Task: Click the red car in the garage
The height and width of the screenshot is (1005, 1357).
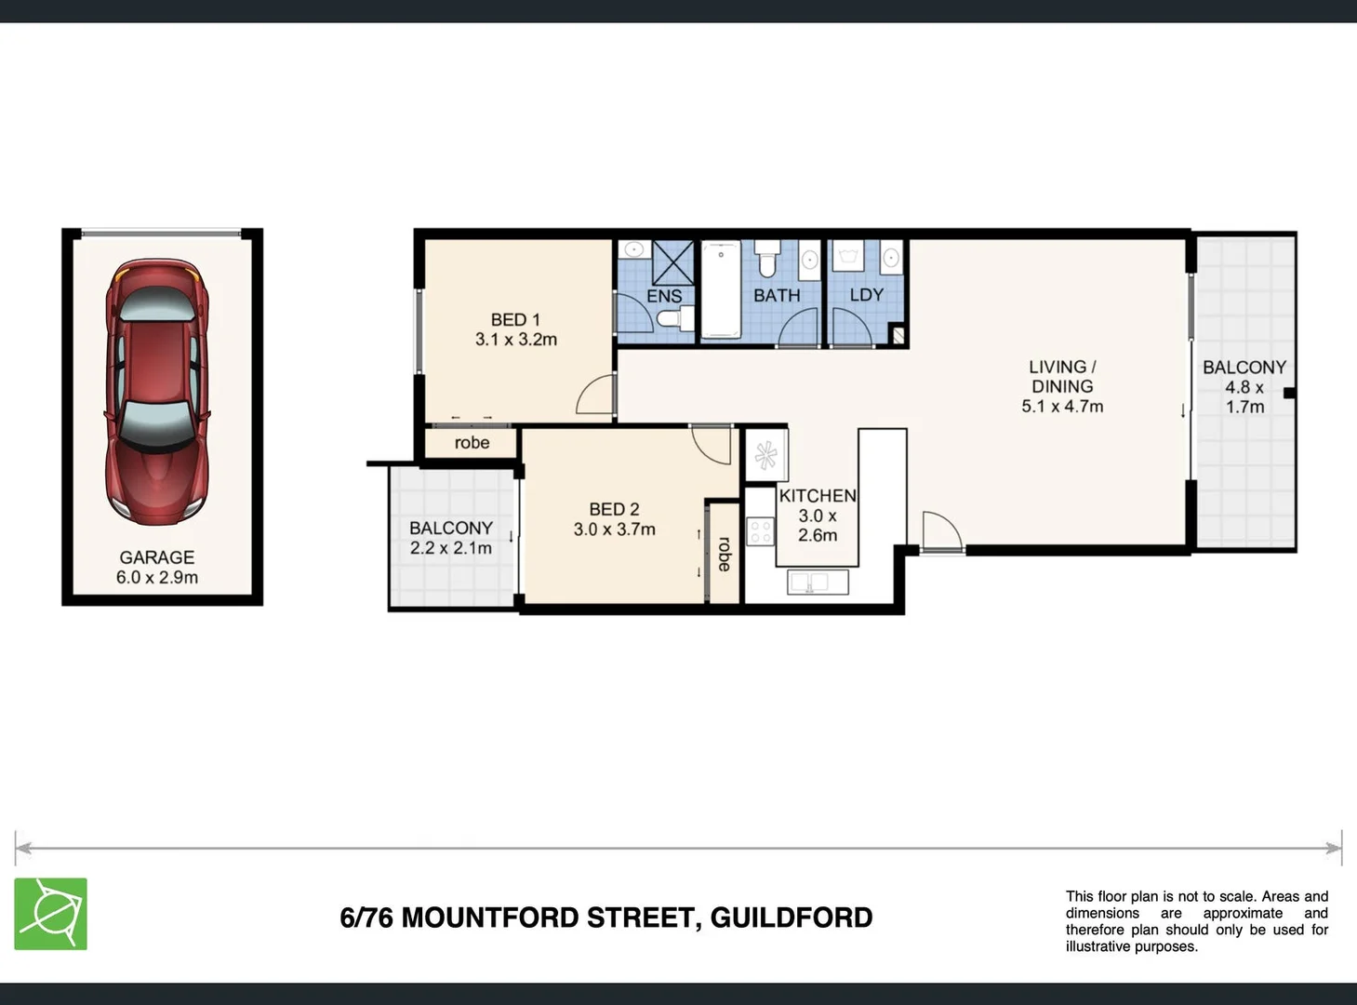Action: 157,392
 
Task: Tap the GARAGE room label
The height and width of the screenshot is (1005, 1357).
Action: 156,557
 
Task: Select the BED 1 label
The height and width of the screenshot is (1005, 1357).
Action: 515,320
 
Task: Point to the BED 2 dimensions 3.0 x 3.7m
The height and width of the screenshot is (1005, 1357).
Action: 614,529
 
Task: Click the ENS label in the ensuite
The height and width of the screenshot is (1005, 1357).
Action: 664,296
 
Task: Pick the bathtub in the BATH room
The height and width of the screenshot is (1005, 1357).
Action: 720,289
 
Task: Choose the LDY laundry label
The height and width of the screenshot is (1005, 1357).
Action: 866,295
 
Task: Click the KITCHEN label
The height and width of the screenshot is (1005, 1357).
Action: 818,496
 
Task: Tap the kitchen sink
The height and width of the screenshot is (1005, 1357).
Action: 818,583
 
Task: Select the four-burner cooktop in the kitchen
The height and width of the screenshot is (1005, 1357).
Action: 761,531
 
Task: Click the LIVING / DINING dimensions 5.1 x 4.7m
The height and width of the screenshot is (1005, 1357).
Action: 1062,407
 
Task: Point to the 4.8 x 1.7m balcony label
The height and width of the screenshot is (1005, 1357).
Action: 1244,387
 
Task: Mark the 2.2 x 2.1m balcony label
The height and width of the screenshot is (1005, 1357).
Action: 451,538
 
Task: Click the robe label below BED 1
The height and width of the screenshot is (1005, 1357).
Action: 472,443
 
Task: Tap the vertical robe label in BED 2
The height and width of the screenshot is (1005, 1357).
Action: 725,554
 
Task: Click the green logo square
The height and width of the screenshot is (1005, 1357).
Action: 51,914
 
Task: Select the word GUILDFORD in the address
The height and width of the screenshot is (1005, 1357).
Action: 792,918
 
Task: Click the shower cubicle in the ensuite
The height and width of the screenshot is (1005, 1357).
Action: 673,261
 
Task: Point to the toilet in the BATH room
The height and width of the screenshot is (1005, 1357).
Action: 767,259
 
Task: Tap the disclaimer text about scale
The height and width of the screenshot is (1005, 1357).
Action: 1196,921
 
